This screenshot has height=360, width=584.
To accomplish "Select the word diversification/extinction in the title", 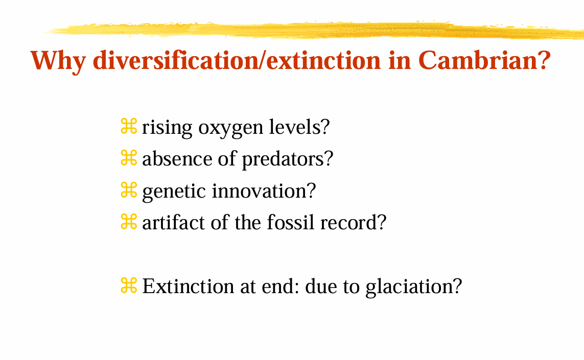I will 238,61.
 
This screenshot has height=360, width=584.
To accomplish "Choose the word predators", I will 287,159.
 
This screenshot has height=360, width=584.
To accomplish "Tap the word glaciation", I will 414,286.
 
